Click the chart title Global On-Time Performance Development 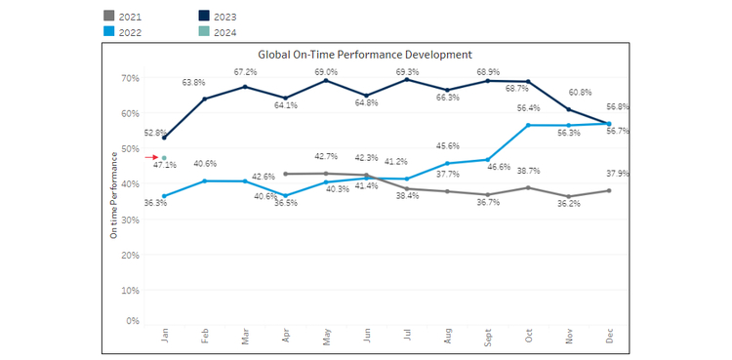click(365, 55)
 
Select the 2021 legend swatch click(108, 17)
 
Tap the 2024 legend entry click(218, 32)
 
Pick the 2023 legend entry click(218, 17)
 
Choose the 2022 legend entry click(123, 32)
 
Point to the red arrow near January click(151, 157)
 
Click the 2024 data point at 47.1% click(164, 158)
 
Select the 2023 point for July click(407, 79)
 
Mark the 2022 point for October click(528, 125)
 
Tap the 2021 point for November click(568, 196)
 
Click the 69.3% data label click(407, 72)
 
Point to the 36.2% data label click(569, 204)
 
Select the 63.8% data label click(193, 83)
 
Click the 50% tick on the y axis click(131, 148)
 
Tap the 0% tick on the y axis click(133, 321)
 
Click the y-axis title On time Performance click(113, 196)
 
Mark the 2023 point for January click(164, 138)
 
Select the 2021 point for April click(285, 174)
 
